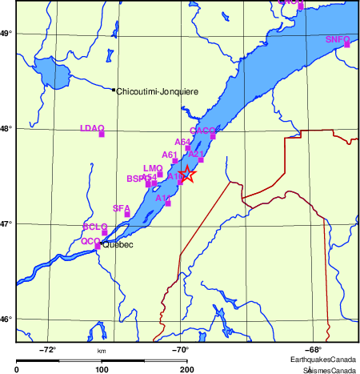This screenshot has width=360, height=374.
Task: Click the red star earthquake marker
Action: (186, 174)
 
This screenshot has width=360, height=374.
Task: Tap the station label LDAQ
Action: (93, 128)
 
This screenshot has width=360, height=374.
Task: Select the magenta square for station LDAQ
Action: (102, 135)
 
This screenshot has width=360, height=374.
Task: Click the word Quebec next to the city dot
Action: (118, 244)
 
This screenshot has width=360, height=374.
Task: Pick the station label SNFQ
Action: (338, 38)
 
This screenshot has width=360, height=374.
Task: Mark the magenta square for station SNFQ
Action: (347, 45)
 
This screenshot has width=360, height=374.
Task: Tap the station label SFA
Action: (122, 208)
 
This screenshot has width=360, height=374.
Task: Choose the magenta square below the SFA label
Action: (127, 215)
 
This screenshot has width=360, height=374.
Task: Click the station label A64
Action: (183, 142)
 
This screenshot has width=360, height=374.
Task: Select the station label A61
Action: (170, 155)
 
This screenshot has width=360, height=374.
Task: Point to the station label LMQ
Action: (152, 168)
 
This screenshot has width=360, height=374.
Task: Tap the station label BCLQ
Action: (95, 227)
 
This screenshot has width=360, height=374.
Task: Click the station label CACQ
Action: (203, 130)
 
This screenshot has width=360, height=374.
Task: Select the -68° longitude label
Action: (314, 349)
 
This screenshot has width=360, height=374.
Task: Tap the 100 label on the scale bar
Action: (102, 369)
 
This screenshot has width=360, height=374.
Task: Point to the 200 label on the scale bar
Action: (186, 369)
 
